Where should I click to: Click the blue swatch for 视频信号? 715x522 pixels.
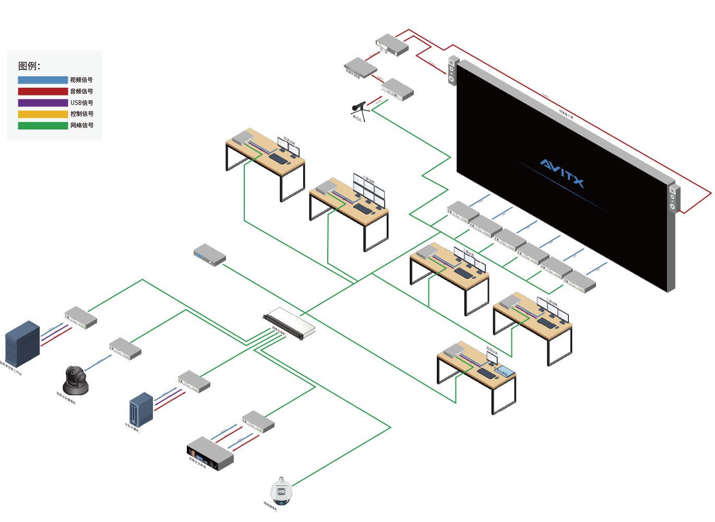coord(43,80)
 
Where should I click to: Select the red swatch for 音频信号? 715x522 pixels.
coord(43,91)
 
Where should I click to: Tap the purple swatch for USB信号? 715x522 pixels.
coord(43,103)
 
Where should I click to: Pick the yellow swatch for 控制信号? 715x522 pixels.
coord(43,114)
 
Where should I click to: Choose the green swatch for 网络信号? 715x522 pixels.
coord(43,125)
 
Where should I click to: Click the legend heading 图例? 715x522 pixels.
coord(29,66)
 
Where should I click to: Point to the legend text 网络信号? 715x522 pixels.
coord(82,125)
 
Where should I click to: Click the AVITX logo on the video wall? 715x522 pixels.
coord(562,173)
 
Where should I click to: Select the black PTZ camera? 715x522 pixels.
coord(76,380)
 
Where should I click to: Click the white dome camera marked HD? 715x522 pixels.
coord(281,491)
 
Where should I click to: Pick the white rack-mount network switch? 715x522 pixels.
coord(289,323)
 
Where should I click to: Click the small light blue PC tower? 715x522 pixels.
coord(141,409)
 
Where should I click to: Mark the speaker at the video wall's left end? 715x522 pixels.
coord(452,71)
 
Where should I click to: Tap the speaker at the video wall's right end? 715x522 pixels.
coord(674,199)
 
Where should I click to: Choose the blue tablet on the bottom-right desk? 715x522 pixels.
coord(504,371)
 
